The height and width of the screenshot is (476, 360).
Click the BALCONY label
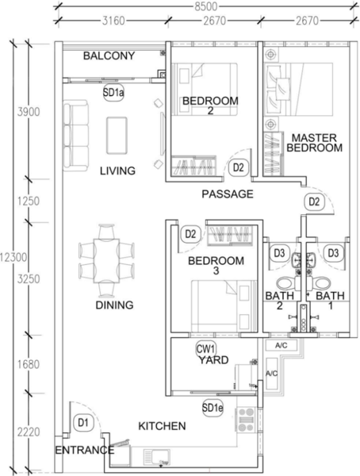click(109, 56)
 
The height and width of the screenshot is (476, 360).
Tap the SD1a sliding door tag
click(113, 92)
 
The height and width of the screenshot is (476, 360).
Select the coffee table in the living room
click(117, 136)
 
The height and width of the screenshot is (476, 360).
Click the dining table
click(106, 261)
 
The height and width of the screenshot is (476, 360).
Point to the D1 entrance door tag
click(83, 422)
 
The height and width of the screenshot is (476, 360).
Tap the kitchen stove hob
click(246, 420)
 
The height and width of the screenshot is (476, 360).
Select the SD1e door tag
click(213, 408)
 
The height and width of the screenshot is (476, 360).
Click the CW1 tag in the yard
click(205, 348)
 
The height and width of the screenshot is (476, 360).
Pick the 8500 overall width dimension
click(206, 6)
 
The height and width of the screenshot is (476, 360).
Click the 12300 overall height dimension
click(13, 258)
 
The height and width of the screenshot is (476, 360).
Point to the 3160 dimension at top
click(113, 21)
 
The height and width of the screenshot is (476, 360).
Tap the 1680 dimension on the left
click(29, 364)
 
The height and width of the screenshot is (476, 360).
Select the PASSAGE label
click(228, 194)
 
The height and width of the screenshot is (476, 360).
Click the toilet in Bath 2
click(285, 283)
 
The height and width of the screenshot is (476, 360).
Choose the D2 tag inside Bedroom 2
click(238, 167)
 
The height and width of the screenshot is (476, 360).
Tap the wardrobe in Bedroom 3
click(229, 236)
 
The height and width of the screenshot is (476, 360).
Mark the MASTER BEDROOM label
click(315, 143)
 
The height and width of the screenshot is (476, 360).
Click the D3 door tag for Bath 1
click(333, 253)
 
